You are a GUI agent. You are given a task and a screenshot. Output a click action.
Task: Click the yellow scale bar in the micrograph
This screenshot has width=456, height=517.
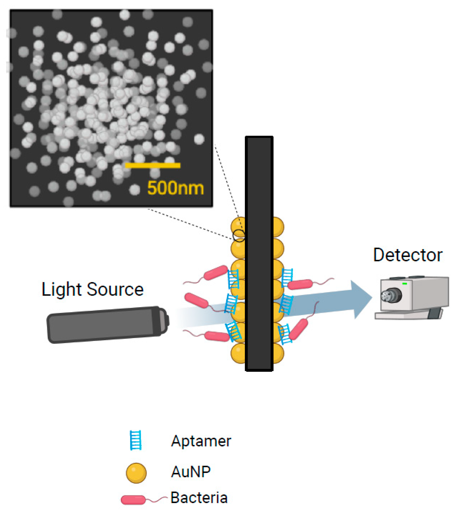click(153, 165)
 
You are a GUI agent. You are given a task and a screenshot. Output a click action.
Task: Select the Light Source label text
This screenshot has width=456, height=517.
click(93, 289)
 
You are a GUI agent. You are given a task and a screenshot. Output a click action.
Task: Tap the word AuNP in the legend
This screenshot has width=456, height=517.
click(191, 472)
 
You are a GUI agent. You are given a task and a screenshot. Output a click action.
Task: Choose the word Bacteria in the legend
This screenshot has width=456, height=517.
click(199, 498)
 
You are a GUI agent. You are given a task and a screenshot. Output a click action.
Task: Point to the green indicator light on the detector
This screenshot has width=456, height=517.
click(404, 284)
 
